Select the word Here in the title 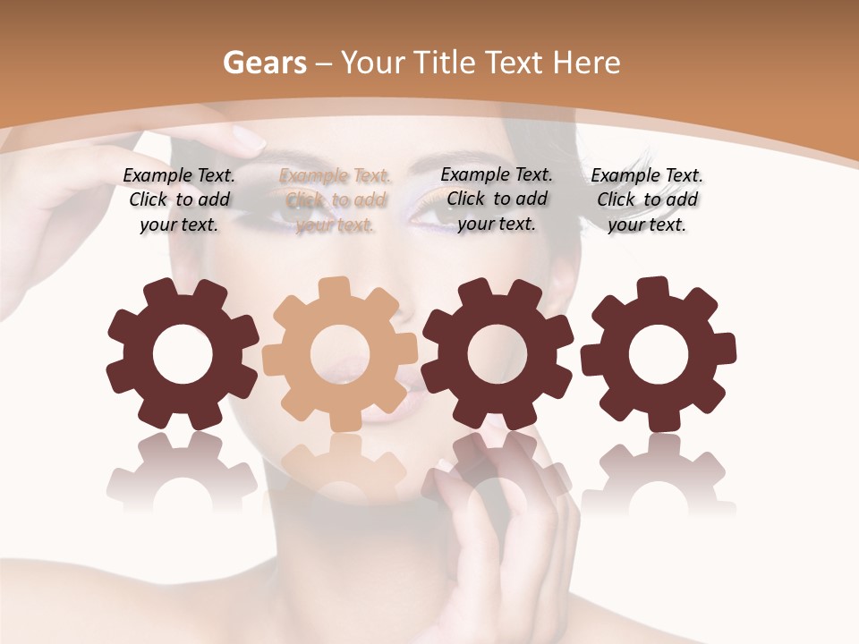pyautogui.click(x=587, y=63)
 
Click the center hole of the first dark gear pyautogui.click(x=183, y=355)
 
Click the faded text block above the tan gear pyautogui.click(x=335, y=200)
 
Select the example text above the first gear pyautogui.click(x=179, y=200)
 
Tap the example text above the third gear pyautogui.click(x=497, y=199)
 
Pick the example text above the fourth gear pyautogui.click(x=647, y=200)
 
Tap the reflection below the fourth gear pyautogui.click(x=659, y=470)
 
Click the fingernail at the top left pyautogui.click(x=248, y=139)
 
